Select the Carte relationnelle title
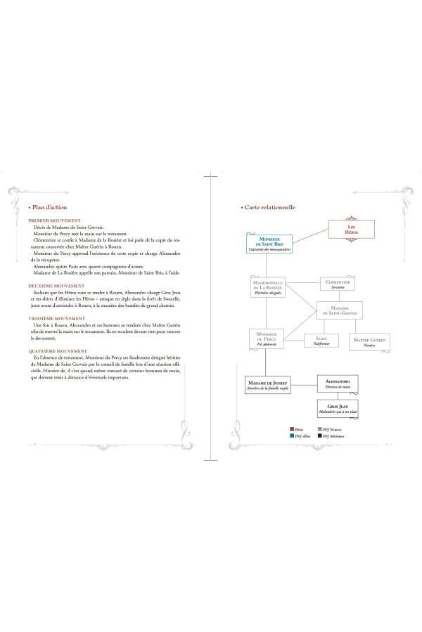[x=269, y=208]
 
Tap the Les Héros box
[x=352, y=230]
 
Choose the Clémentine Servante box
[x=341, y=283]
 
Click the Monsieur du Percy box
[x=265, y=338]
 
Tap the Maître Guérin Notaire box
[x=370, y=341]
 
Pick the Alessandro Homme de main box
[x=338, y=383]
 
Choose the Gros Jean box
[x=338, y=409]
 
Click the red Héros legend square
[x=291, y=428]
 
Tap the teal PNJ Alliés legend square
[x=291, y=435]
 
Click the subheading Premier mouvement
[x=54, y=220]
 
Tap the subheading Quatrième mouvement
[x=58, y=350]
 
